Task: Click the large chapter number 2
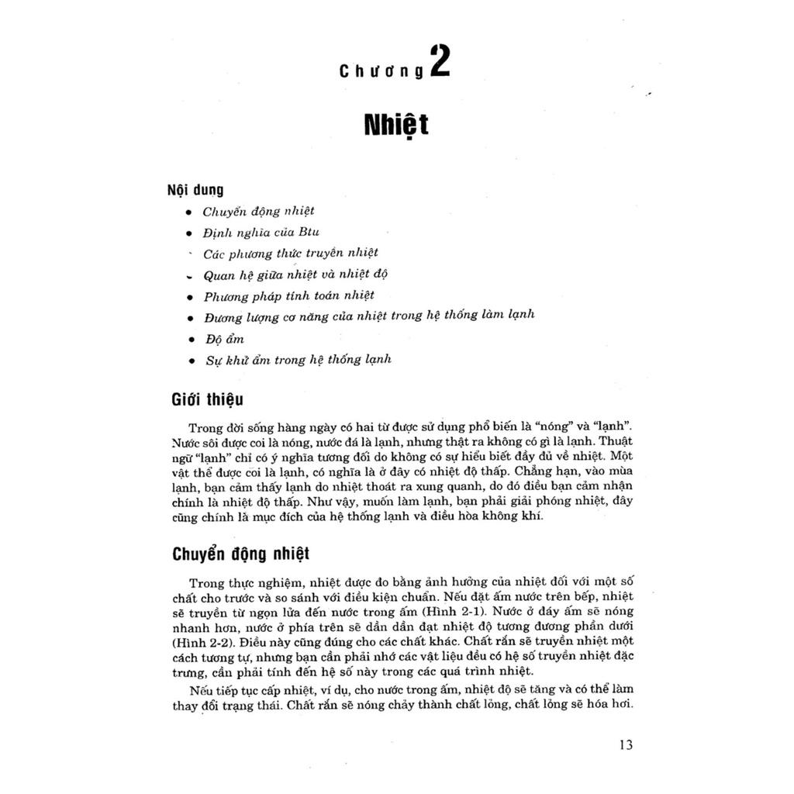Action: (439, 62)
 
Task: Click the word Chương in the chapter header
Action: (381, 71)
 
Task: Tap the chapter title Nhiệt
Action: (396, 125)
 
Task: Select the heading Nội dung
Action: (195, 189)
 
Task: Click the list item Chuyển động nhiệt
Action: (258, 211)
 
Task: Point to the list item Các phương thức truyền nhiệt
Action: (290, 253)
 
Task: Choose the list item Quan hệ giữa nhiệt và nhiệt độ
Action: (295, 274)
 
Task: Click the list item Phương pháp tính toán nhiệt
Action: (288, 295)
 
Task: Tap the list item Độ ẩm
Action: (224, 339)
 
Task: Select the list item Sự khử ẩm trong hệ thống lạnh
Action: (298, 360)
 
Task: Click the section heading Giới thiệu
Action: (207, 400)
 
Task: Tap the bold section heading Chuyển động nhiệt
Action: (240, 554)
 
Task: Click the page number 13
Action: (626, 746)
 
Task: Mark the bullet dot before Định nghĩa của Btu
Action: (189, 233)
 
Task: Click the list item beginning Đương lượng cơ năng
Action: (369, 316)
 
